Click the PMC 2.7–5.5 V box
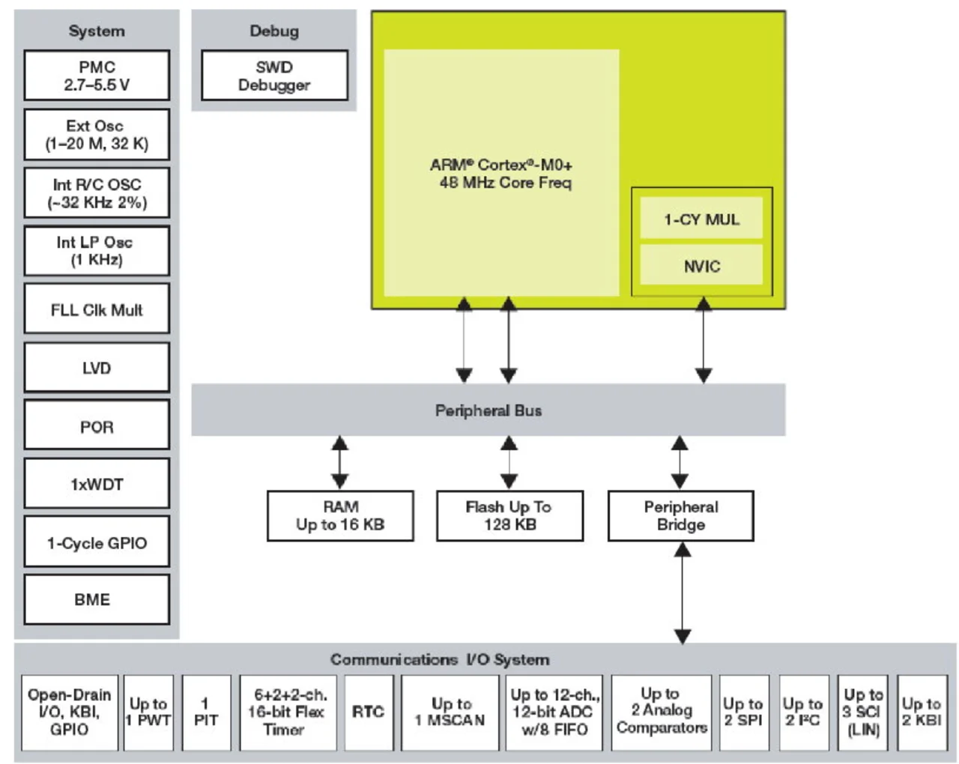click(x=97, y=76)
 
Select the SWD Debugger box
click(x=274, y=76)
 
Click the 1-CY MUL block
click(x=701, y=218)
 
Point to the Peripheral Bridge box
click(x=681, y=516)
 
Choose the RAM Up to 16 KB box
click(x=340, y=516)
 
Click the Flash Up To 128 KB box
click(x=509, y=516)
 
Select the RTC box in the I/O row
click(x=369, y=713)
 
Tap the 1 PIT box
click(x=206, y=713)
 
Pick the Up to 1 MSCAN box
click(x=450, y=713)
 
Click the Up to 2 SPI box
click(x=744, y=713)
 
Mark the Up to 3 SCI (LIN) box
click(x=863, y=713)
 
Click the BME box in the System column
click(x=97, y=600)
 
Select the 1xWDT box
click(x=97, y=483)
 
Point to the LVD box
click(x=97, y=368)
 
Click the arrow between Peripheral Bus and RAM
click(x=340, y=462)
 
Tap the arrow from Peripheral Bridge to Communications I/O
click(x=683, y=593)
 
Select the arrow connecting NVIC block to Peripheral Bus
click(x=704, y=340)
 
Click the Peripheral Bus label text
click(x=488, y=410)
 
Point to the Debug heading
click(x=274, y=31)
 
